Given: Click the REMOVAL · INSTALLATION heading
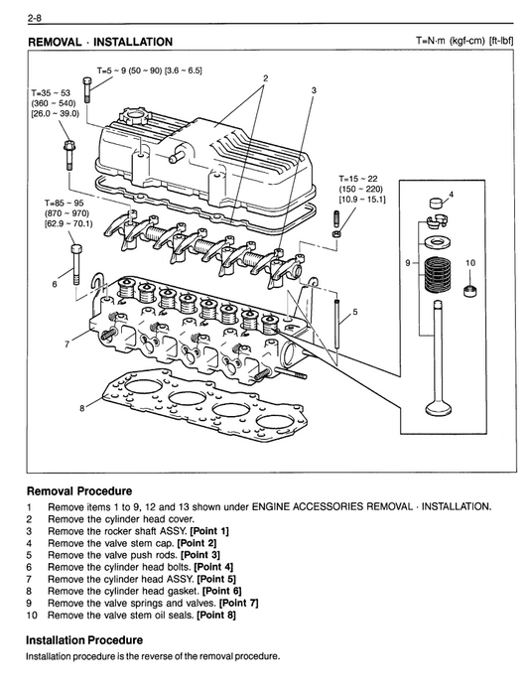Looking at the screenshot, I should [x=99, y=43].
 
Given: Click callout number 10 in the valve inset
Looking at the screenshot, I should [x=470, y=263].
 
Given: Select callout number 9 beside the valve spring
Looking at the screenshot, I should [x=408, y=263].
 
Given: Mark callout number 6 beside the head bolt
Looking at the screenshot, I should [x=55, y=285].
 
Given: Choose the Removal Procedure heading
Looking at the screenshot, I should [x=78, y=491].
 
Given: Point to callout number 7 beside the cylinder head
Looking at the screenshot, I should [x=67, y=345].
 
